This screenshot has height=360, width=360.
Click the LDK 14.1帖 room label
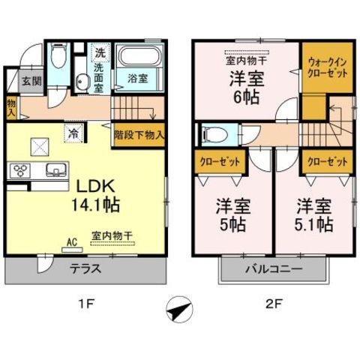tap(95, 196)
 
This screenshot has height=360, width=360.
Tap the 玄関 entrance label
tap(31, 81)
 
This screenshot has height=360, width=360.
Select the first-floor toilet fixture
tap(58, 55)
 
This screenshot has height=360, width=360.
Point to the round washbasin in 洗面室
tap(82, 81)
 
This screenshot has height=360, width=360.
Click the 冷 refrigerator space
tap(73, 133)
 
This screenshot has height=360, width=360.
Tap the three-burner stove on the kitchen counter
tap(20, 170)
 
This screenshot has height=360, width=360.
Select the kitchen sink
tap(56, 169)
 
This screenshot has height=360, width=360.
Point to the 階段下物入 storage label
tap(139, 135)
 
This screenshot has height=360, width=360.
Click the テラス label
tap(85, 268)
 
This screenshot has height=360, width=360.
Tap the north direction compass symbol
tap(180, 309)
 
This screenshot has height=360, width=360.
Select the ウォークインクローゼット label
tap(327, 67)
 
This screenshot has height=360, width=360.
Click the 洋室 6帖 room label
tap(247, 87)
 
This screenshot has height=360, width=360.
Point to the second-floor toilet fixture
tap(215, 135)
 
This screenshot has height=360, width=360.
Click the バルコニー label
tap(274, 269)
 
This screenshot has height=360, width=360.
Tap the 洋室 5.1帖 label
tap(314, 214)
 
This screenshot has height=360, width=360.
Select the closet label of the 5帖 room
tap(220, 162)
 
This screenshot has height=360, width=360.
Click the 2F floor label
tap(274, 304)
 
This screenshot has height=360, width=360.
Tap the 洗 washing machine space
tap(100, 53)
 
